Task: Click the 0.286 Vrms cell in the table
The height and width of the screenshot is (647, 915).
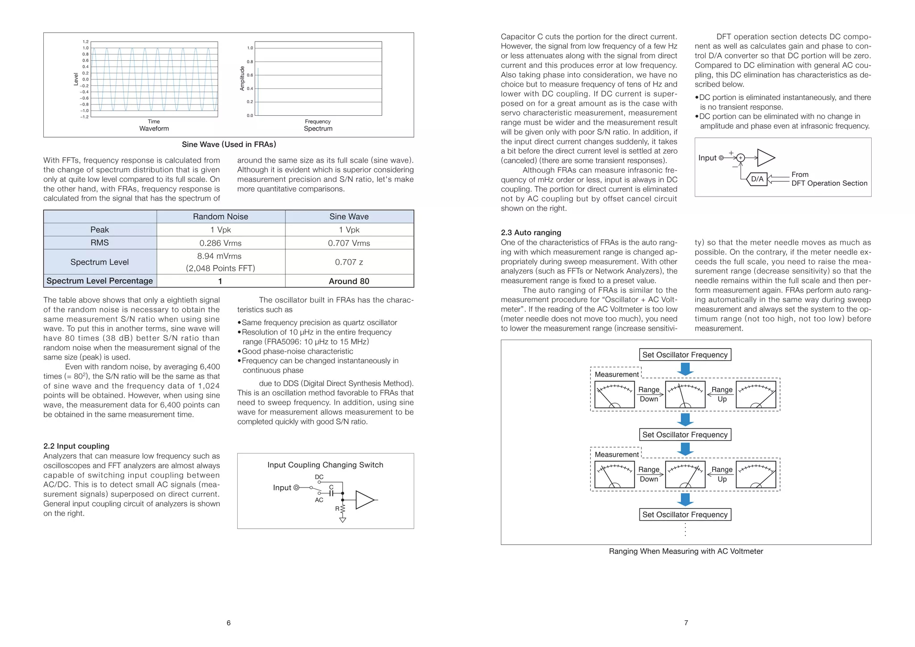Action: coord(220,243)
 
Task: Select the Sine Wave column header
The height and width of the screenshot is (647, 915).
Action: coord(349,217)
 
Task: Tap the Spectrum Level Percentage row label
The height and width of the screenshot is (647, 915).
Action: coord(100,281)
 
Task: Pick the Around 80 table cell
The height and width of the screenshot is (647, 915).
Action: coord(349,281)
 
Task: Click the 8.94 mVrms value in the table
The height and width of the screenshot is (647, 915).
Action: coord(219,256)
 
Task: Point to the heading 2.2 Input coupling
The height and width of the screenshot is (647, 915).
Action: coord(76,446)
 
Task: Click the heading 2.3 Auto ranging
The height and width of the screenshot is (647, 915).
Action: coord(531,232)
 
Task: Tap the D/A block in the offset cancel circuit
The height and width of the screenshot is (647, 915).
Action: coord(757,179)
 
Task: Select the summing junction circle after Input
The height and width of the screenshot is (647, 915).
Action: coord(740,158)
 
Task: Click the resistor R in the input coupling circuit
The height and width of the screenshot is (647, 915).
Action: coord(342,509)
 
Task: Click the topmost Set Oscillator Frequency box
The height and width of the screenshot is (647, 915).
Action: coord(685,355)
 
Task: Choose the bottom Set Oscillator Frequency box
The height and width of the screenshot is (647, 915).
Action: coord(685,514)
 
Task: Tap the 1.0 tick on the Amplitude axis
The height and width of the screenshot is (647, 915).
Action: coord(250,48)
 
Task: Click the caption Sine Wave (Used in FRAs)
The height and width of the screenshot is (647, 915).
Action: coord(229,144)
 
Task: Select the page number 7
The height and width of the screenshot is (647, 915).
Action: coord(686,623)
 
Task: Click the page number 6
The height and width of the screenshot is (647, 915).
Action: coord(229,623)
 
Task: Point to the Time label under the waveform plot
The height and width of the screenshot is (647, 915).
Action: coord(154,122)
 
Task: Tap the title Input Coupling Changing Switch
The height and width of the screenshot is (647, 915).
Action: coord(325,465)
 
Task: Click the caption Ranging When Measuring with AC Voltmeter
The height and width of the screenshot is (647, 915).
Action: coord(686,551)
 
